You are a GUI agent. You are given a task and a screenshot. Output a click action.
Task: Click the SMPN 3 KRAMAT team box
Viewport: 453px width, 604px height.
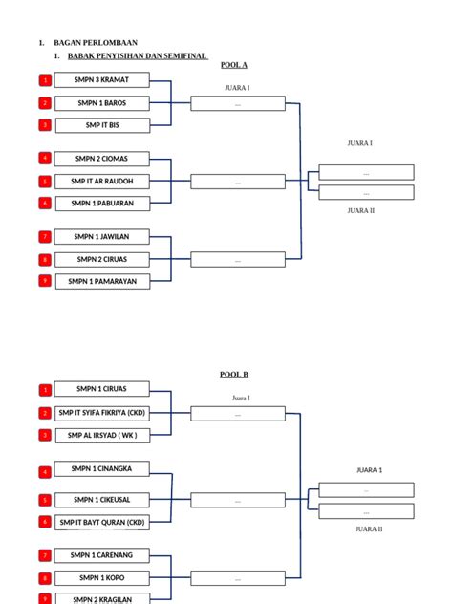(101, 79)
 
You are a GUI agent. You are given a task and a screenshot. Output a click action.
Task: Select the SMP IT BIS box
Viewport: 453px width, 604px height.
(102, 125)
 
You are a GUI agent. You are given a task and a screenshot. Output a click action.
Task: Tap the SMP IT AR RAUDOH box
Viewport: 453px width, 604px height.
(102, 181)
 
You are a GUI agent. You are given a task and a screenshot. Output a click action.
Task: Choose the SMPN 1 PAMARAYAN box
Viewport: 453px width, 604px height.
(102, 281)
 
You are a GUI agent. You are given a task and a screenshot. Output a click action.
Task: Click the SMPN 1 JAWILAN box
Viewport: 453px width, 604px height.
(101, 236)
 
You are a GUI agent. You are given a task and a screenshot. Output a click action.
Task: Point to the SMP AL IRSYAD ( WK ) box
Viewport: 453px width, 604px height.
(102, 435)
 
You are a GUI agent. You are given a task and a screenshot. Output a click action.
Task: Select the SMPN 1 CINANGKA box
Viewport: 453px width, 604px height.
(101, 469)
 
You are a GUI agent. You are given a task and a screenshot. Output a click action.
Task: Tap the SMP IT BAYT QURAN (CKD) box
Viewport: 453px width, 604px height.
(102, 523)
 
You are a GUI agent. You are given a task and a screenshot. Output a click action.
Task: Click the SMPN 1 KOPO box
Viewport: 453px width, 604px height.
(102, 578)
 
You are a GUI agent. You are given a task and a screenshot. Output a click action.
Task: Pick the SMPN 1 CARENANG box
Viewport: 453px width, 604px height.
(101, 555)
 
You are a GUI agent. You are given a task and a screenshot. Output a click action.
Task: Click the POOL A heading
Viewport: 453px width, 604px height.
(234, 65)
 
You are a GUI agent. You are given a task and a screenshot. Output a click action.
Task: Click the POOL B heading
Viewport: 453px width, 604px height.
(234, 374)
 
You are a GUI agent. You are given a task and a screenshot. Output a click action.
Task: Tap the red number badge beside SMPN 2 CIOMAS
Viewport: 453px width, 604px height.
(45, 158)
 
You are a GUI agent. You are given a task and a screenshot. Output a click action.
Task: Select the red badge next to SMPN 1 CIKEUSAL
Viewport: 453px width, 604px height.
(45, 500)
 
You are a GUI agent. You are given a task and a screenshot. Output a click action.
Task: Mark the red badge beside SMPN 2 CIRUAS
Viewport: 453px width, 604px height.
(45, 260)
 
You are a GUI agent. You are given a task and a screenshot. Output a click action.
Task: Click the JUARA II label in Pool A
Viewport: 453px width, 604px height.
(361, 210)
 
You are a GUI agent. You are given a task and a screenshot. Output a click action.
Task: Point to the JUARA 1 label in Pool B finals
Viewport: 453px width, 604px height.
(370, 470)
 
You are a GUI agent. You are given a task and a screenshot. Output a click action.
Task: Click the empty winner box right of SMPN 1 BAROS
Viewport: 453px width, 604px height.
(238, 103)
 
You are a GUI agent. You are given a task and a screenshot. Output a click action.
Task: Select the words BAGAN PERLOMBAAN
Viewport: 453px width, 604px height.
(96, 43)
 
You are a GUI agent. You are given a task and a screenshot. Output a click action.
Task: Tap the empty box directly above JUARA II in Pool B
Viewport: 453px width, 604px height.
(366, 511)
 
